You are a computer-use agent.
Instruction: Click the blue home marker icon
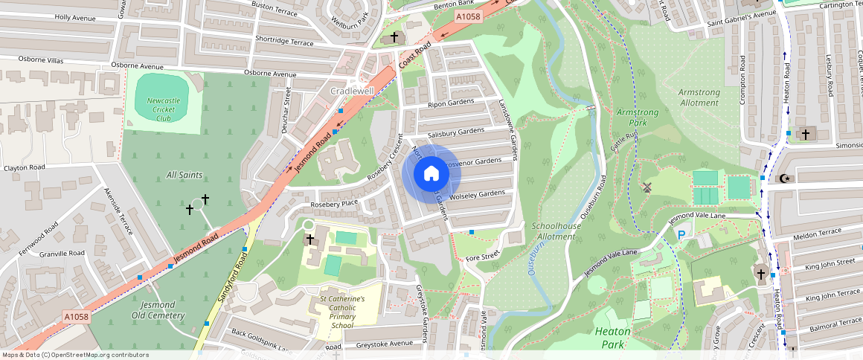coord(431,175)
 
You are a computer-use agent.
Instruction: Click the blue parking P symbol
coord(681,235)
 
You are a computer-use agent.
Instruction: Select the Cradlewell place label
coord(352,91)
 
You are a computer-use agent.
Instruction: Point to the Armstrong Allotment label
coord(699,97)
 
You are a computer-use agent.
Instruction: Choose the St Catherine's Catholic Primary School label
coord(342,312)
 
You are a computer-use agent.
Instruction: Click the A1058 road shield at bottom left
coord(76,317)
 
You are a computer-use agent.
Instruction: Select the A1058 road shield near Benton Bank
coord(468,16)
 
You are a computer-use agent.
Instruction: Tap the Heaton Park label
coord(613,338)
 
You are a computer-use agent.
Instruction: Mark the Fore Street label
coord(481,257)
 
